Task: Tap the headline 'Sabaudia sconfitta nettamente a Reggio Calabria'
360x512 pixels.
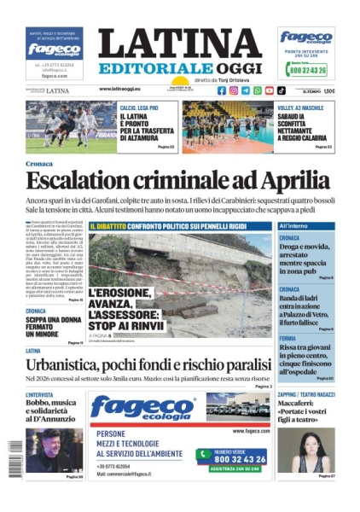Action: pos(302,125)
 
